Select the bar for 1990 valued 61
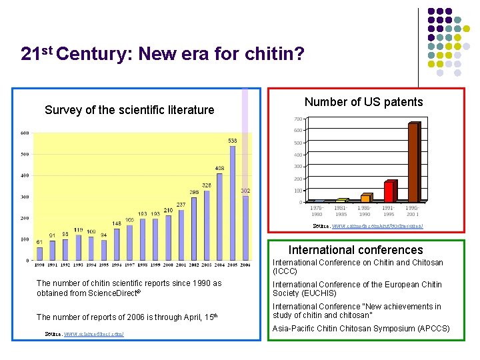pos(39,253)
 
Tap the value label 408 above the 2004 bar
pos(219,167)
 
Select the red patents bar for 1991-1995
pos(389,191)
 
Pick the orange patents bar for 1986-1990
pos(365,198)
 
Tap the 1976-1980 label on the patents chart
pos(317,211)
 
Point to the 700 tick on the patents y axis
pos(297,119)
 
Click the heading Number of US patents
pos(363,102)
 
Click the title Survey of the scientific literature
pos(129,110)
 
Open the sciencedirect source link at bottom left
pos(93,333)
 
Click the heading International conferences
pos(355,250)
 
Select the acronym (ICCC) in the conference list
pos(285,271)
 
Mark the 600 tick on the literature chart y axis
pos(24,133)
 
